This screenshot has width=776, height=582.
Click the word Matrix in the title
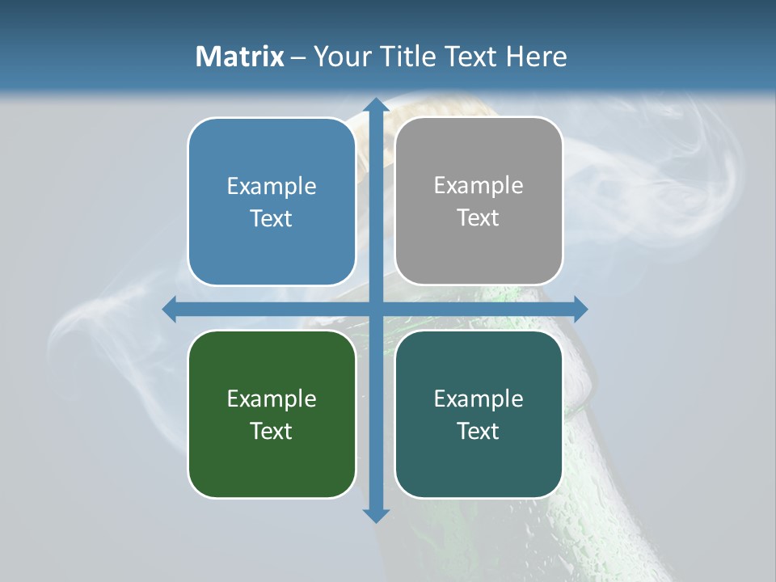tap(240, 57)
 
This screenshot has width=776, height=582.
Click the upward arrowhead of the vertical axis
tap(375, 105)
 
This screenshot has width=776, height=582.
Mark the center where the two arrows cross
tap(375, 309)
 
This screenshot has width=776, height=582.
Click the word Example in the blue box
tap(272, 187)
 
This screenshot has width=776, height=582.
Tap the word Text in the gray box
tap(479, 217)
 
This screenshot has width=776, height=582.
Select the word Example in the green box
tap(272, 399)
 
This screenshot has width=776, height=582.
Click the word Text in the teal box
tap(479, 431)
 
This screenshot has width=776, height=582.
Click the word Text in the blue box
tap(272, 218)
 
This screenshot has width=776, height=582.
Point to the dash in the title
tap(298, 57)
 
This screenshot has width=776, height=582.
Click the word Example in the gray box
tap(479, 186)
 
